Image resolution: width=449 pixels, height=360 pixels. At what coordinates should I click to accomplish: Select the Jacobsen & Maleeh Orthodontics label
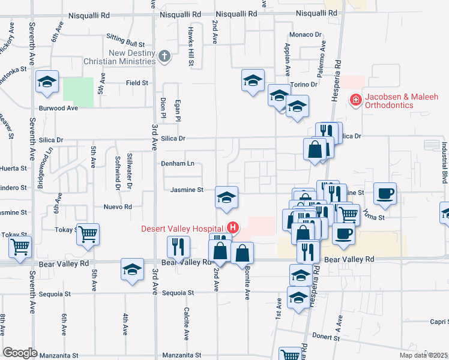pos(400,101)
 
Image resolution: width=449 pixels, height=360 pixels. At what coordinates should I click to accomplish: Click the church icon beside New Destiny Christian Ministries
pos(166,56)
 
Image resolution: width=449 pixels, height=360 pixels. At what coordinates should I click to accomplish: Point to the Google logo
pos(20,353)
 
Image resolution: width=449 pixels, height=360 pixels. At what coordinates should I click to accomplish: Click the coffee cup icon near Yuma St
pos(385,193)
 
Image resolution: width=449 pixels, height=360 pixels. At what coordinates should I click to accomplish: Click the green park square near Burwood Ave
pos(79,92)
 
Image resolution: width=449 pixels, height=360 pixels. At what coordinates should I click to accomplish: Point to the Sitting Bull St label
pos(125,44)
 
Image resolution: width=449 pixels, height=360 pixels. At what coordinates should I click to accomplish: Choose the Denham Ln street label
pos(177,163)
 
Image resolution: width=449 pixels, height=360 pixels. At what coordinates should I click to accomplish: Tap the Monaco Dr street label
pos(306,35)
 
